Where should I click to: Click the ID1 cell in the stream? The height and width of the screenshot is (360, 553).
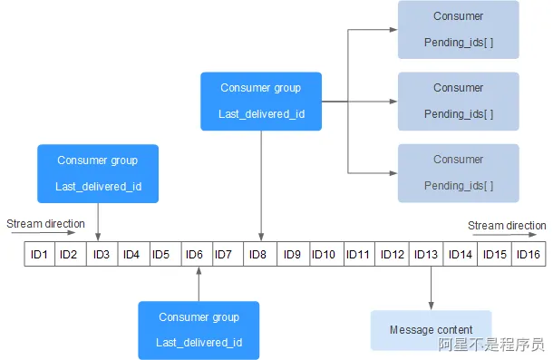[x=39, y=254]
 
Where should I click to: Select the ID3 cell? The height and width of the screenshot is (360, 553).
[x=101, y=254]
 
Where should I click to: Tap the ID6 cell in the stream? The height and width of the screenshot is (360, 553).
[x=194, y=254]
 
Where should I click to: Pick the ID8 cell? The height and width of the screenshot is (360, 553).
[x=257, y=254]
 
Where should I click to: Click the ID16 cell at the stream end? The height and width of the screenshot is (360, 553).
[x=529, y=254]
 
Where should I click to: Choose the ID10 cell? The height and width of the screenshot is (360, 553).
[x=324, y=254]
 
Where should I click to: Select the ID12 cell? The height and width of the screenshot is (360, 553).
[x=392, y=254]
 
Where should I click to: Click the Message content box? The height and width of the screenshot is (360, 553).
[x=431, y=330]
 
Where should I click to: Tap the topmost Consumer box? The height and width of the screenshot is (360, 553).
[x=458, y=29]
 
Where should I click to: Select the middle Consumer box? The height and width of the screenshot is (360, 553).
[x=458, y=101]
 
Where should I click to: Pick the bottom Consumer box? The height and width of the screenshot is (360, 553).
[x=458, y=172]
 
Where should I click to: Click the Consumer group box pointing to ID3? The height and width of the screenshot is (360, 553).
[x=97, y=174]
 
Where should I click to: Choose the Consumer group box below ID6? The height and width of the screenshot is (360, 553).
[x=198, y=330]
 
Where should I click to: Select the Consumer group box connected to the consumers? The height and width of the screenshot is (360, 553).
[x=261, y=101]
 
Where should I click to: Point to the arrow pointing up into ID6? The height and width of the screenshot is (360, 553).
[x=198, y=285]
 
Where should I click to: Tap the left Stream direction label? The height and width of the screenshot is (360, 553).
[x=45, y=224]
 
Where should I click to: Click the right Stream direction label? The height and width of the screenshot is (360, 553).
[x=507, y=226]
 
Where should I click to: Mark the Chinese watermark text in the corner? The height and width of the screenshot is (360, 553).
[x=491, y=345]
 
